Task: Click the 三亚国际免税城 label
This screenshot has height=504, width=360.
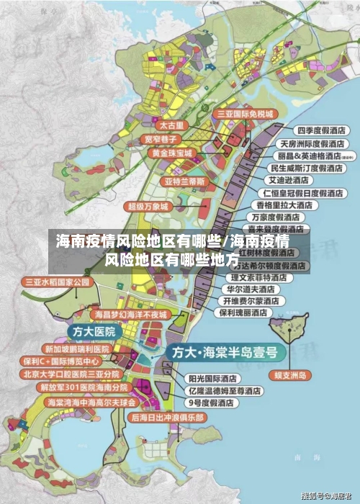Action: pyautogui.click(x=245, y=114)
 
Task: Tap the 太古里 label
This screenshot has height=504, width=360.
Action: pyautogui.click(x=172, y=125)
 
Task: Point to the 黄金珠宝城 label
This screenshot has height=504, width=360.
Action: pyautogui.click(x=171, y=153)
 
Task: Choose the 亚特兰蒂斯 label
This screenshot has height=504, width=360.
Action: pyautogui.click(x=186, y=180)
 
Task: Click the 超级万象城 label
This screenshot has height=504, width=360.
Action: pyautogui.click(x=147, y=206)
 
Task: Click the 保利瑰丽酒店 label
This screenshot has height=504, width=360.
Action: pyautogui.click(x=244, y=312)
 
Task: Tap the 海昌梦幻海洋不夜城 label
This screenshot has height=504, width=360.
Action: pyautogui.click(x=130, y=315)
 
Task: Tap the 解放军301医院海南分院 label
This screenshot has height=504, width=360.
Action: pyautogui.click(x=70, y=387)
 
